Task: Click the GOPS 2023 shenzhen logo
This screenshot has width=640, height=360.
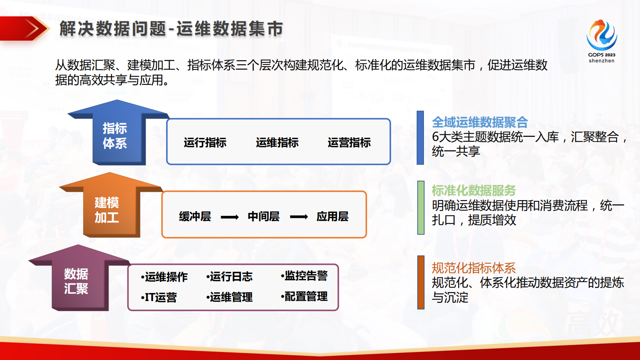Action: click(601, 40)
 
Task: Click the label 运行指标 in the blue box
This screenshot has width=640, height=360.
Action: click(205, 142)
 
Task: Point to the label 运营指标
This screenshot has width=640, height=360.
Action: click(349, 142)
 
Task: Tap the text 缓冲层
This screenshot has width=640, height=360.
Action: click(195, 216)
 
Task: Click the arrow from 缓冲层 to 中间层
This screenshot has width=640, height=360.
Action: click(229, 217)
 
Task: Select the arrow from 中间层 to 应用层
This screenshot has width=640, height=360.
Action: click(298, 217)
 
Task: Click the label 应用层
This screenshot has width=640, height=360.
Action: click(332, 216)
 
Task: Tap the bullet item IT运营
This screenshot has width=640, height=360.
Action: click(159, 297)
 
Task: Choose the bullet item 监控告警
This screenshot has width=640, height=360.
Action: click(305, 276)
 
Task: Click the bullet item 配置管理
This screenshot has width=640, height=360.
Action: click(305, 297)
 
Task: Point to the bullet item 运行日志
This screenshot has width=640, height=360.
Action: click(230, 276)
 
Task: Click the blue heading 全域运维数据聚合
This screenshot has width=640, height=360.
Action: click(479, 122)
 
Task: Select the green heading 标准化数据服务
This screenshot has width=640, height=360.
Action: click(473, 190)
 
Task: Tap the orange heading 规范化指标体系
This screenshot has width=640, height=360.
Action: click(473, 268)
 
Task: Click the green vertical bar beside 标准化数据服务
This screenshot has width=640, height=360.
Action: click(421, 207)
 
